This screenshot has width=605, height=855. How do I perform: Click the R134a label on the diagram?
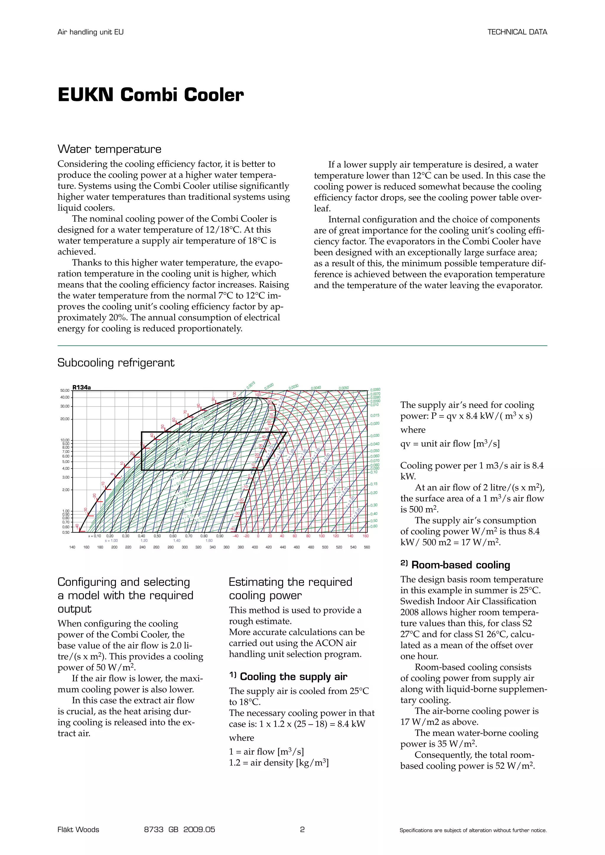[82, 387]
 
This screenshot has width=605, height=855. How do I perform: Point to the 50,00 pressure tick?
[65, 391]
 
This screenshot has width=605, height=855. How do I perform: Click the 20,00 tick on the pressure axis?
[65, 419]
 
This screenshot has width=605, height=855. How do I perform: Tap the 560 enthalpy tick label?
[367, 547]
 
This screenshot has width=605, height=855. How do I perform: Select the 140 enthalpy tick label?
[72, 547]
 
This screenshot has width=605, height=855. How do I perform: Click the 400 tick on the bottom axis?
[255, 547]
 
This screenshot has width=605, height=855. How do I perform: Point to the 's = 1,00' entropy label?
[111, 540]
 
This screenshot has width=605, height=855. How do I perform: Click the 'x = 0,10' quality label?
[95, 536]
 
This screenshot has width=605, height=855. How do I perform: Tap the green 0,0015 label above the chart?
[251, 385]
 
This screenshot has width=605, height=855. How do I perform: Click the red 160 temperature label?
[365, 536]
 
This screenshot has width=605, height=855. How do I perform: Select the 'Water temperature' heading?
[109, 149]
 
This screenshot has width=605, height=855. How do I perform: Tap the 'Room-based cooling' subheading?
[461, 565]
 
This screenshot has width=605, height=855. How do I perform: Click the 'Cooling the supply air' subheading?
[294, 677]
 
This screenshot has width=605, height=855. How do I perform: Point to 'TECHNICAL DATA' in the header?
[517, 32]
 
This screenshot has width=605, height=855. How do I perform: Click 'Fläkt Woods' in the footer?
[78, 829]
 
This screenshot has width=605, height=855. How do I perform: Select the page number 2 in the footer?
[302, 829]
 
